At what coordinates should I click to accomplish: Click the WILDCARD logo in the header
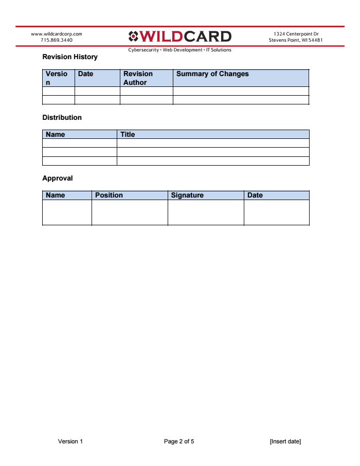click(179, 37)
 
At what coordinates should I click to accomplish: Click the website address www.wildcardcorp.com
click(57, 34)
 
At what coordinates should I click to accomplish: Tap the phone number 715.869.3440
click(57, 40)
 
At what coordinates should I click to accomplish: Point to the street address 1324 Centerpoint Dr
click(296, 34)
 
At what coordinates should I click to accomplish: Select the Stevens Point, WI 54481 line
click(296, 40)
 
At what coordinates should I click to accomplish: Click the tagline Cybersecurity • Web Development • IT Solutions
click(179, 50)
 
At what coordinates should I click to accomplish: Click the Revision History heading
click(69, 57)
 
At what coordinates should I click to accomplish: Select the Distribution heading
click(62, 118)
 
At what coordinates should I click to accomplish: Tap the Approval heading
click(58, 178)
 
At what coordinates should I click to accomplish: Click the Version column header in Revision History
click(56, 78)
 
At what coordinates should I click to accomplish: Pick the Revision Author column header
click(138, 78)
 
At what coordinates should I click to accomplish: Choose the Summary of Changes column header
click(212, 74)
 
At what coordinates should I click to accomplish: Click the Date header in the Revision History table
click(85, 74)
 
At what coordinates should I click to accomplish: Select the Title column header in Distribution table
click(128, 135)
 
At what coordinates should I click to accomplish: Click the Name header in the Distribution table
click(56, 135)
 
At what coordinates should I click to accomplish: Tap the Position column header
click(109, 195)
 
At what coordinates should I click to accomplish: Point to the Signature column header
click(187, 195)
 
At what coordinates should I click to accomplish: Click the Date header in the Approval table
click(255, 195)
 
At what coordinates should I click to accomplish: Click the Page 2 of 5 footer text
click(179, 442)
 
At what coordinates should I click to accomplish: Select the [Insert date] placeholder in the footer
click(285, 442)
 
